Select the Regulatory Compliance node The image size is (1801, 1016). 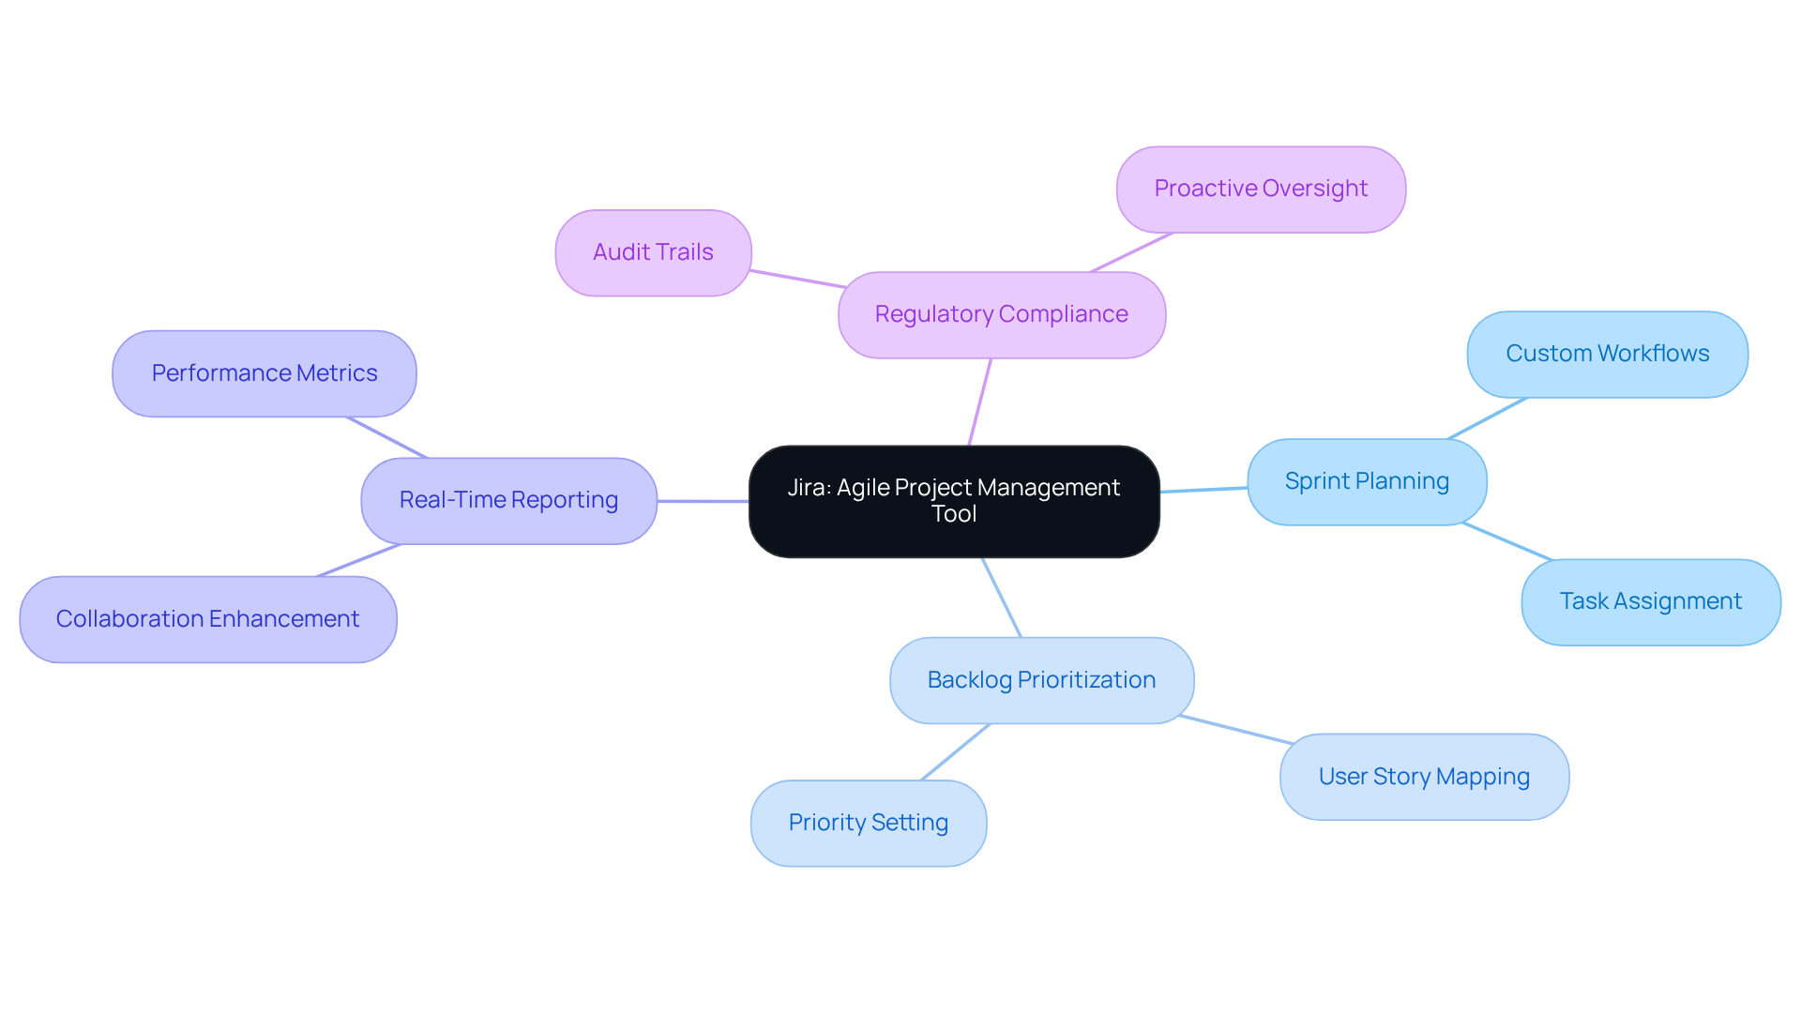pyautogui.click(x=1001, y=315)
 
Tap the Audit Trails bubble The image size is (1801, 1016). pyautogui.click(x=653, y=253)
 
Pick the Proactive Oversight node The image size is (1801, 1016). pyautogui.click(x=1260, y=190)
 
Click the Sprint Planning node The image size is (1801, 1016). pyautogui.click(x=1366, y=482)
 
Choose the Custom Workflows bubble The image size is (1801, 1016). pyautogui.click(x=1607, y=355)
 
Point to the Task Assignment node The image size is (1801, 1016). pyautogui.click(x=1650, y=602)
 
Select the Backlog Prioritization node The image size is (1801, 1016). pyautogui.click(x=1041, y=681)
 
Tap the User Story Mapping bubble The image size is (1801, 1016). pyautogui.click(x=1423, y=778)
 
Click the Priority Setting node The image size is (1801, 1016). pyautogui.click(x=868, y=824)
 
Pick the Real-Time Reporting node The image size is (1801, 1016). pyautogui.click(x=508, y=501)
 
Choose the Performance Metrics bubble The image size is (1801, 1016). pyautogui.click(x=264, y=374)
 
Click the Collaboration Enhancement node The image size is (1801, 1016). pyautogui.click(x=207, y=620)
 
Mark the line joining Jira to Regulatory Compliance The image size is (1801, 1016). pyautogui.click(x=979, y=402)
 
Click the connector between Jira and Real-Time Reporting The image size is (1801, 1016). pyautogui.click(x=703, y=501)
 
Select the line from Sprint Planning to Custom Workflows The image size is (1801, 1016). pyautogui.click(x=1488, y=418)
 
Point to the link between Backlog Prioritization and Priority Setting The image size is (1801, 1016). pyautogui.click(x=956, y=752)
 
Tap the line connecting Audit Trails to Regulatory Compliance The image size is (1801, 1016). pyautogui.click(x=797, y=279)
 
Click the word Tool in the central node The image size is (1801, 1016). pyautogui.click(x=954, y=514)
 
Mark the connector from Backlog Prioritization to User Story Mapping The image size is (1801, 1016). pyautogui.click(x=1236, y=730)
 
